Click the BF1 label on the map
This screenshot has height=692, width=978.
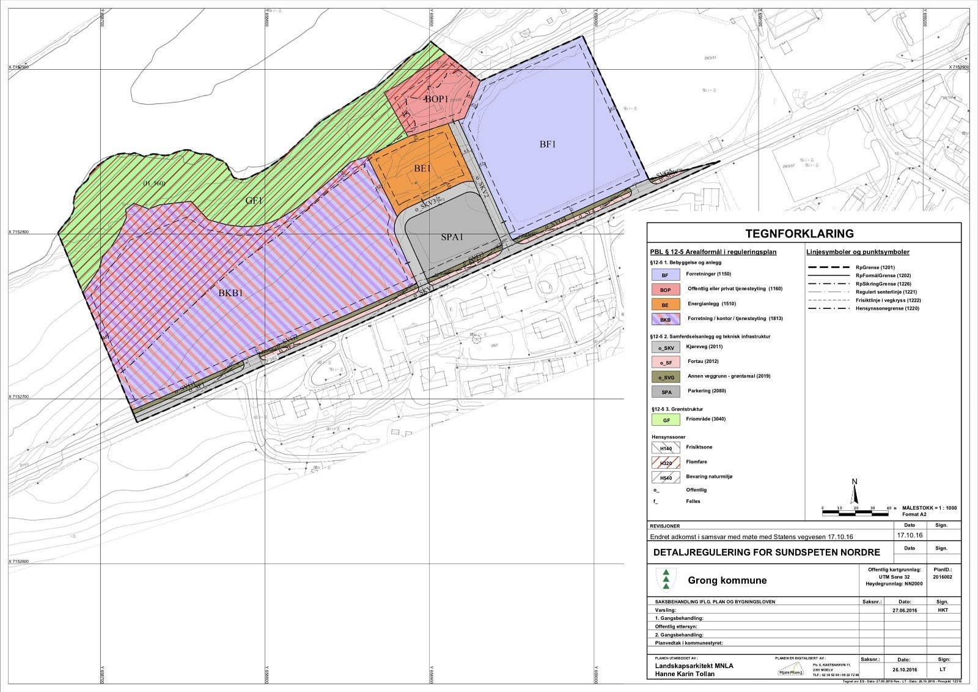pos(547,144)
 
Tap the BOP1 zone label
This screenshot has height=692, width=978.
pos(437,99)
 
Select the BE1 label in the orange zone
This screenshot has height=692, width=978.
pos(422,168)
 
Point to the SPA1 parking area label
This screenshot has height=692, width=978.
pos(452,237)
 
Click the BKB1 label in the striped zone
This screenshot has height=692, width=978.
pos(231,293)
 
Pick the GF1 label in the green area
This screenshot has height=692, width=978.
pos(254,200)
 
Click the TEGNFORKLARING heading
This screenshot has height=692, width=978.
pos(803,234)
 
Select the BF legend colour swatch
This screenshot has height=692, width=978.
pos(666,275)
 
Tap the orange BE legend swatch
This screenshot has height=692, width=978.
pos(666,304)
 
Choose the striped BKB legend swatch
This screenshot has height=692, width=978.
pos(666,319)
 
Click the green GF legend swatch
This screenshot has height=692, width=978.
pos(666,420)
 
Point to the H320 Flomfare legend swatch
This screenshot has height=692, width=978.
pos(666,463)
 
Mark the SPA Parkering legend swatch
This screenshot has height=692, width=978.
pos(666,392)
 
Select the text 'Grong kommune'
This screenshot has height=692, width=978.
pos(727,580)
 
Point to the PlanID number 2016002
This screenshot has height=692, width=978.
pos(942,577)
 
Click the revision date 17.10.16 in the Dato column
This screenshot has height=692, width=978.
pos(909,535)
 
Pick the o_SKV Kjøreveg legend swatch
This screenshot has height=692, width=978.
pos(666,348)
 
